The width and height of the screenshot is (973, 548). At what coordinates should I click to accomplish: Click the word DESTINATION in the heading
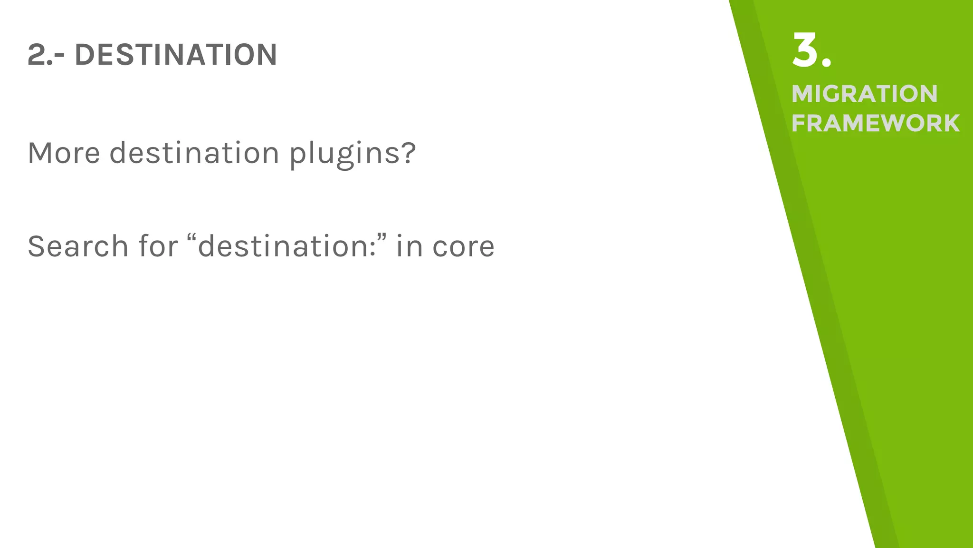coord(176,55)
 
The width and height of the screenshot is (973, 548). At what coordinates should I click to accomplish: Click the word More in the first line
coord(64,153)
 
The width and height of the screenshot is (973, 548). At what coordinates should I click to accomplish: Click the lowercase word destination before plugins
coord(194,153)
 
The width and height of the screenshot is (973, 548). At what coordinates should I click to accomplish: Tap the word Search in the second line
coord(78,246)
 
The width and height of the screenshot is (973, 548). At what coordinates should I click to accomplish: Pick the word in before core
coord(410,246)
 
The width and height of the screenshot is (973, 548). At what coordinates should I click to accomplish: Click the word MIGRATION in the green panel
coord(864,94)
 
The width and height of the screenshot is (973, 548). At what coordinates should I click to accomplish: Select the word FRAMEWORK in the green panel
coord(875,123)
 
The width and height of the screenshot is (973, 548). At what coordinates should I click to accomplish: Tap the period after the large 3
coord(826,62)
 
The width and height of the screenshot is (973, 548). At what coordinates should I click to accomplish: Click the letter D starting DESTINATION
coord(85,55)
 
